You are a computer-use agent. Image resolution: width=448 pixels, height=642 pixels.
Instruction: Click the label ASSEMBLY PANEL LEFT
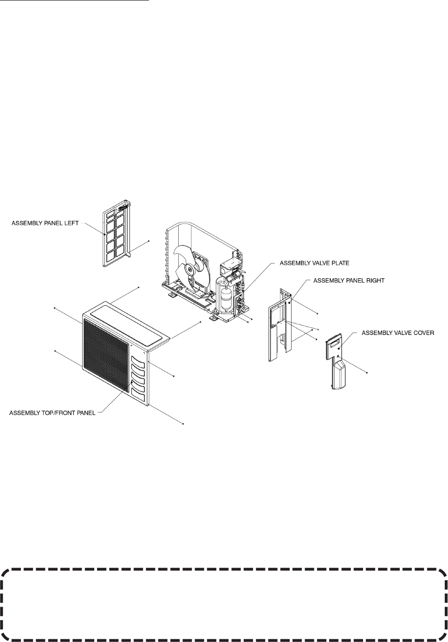(x=45, y=223)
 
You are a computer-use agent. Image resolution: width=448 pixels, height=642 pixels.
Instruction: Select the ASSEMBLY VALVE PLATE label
(x=314, y=263)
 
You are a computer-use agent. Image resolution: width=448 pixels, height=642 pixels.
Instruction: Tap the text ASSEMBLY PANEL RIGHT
(x=349, y=281)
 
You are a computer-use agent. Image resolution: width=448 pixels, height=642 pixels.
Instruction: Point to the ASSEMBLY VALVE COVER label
(x=398, y=333)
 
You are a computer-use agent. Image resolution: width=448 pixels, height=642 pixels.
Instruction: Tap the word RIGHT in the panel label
(x=375, y=281)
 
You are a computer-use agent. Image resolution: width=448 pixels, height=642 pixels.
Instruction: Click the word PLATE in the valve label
(x=340, y=263)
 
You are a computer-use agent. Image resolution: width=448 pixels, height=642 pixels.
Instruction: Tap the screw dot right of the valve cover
(x=367, y=373)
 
